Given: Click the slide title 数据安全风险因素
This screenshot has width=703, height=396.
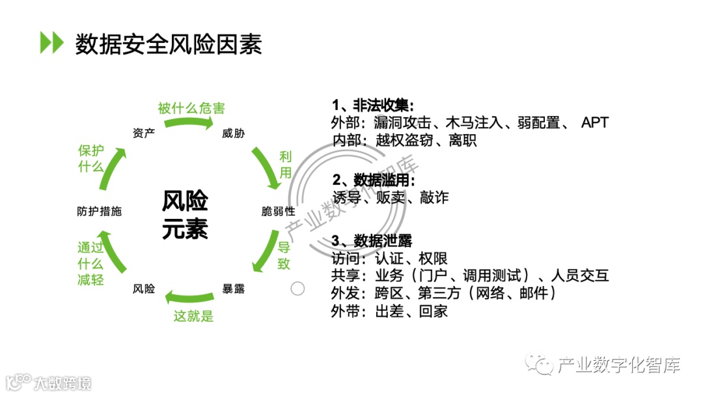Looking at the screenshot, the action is (168, 44).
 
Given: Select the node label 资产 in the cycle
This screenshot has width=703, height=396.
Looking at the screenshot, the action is (143, 134).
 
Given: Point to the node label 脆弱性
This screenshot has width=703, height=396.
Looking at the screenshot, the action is (278, 211).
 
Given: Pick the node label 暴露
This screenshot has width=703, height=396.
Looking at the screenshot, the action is (234, 289).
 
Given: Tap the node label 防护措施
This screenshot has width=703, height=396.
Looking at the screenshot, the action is (99, 211).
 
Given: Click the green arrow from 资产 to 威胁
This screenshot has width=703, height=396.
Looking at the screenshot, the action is (189, 122).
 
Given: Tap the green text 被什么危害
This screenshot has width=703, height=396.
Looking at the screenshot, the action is (191, 108).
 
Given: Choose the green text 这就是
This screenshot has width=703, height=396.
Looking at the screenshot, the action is (193, 317).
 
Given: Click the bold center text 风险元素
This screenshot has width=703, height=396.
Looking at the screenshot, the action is (185, 214).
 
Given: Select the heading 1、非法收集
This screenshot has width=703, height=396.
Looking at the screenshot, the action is (372, 106).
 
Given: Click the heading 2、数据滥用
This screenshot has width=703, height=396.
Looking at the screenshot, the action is (373, 181).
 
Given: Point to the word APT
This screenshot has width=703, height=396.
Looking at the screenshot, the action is (594, 123).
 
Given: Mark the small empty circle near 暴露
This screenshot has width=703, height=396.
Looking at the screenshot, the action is (297, 289).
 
